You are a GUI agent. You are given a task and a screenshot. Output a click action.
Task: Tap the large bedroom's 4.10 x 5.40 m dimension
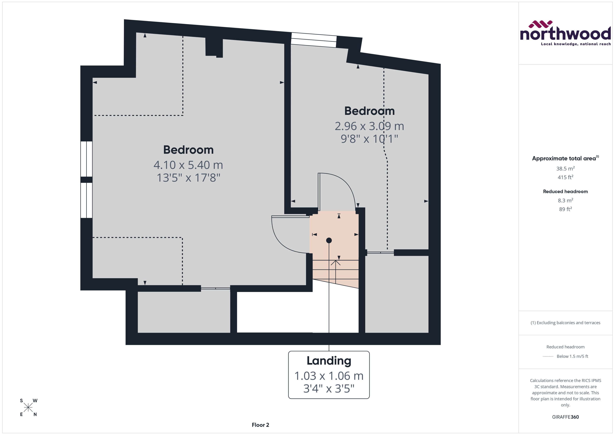188,165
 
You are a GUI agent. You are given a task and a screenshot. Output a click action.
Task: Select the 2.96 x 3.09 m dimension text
369,126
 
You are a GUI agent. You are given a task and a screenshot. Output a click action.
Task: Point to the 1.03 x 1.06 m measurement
329,376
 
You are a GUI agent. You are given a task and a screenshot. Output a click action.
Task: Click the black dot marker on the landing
329,240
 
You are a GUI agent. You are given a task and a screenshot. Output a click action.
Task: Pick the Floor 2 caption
260,425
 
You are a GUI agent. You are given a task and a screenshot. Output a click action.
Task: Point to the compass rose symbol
28,408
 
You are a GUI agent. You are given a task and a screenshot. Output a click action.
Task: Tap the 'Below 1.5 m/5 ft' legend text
572,356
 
